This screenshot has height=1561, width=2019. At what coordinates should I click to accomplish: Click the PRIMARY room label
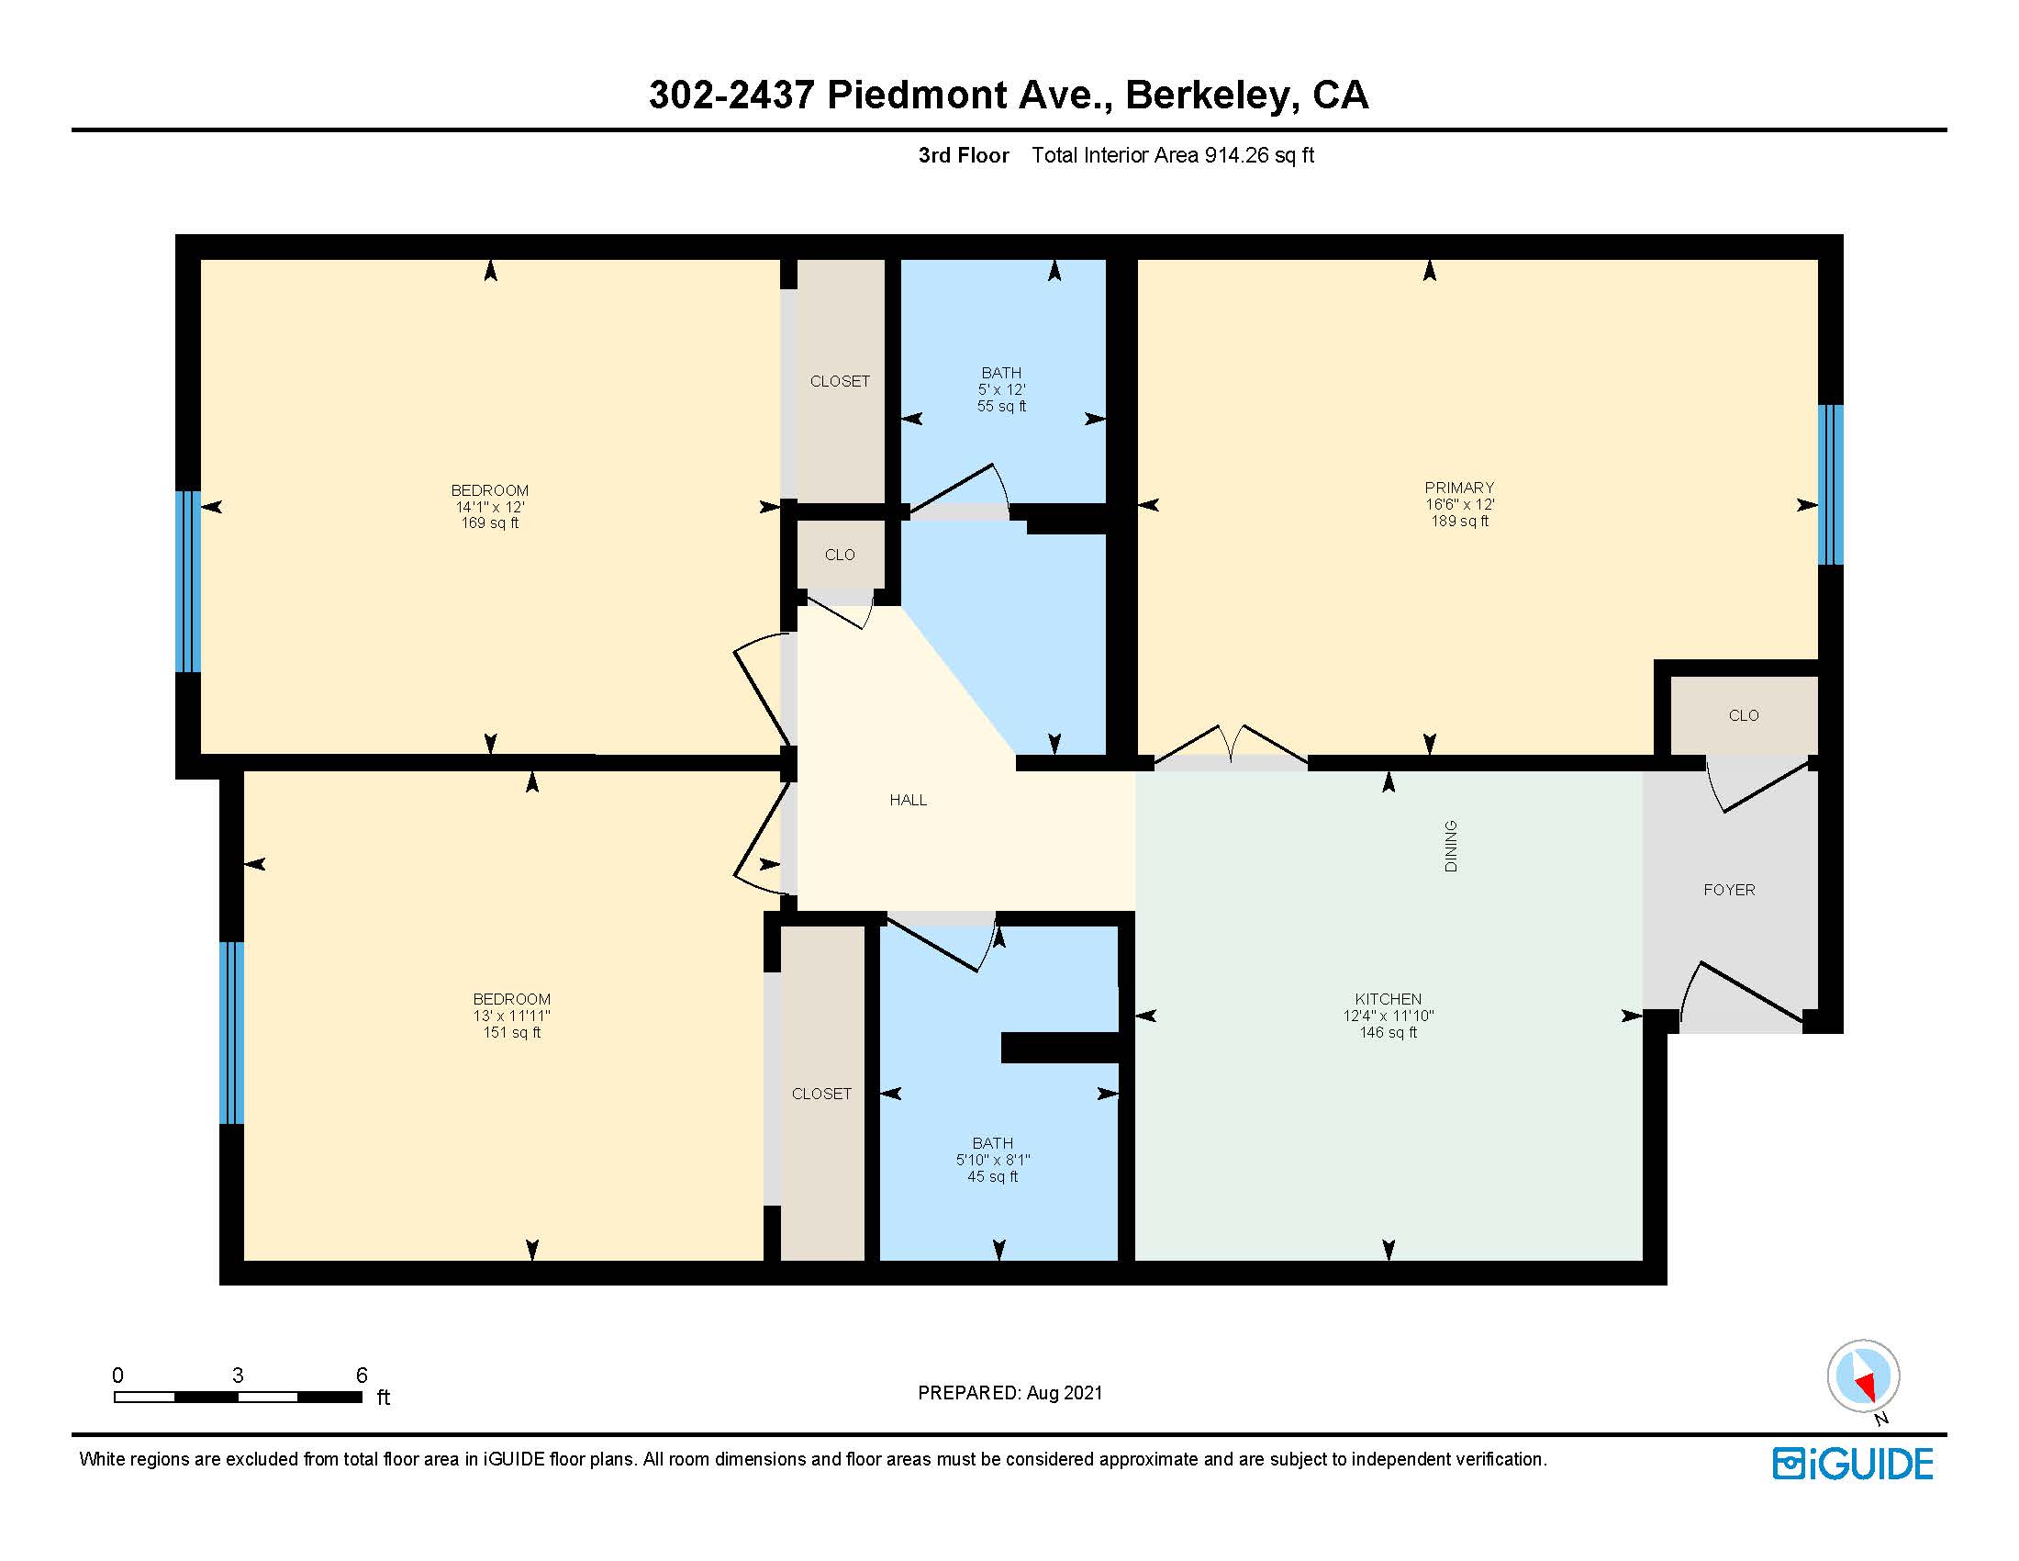click(x=1459, y=488)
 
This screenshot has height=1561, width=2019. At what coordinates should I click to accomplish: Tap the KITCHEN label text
click(x=1388, y=999)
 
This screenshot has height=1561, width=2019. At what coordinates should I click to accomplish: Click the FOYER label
click(x=1729, y=890)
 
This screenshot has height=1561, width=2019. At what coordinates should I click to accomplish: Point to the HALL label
click(x=908, y=800)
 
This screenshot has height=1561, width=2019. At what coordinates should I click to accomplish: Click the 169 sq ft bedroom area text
click(x=489, y=523)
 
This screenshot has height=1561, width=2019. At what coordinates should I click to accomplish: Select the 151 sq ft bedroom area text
click(x=511, y=1032)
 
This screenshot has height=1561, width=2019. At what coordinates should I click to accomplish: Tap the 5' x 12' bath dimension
click(x=1001, y=389)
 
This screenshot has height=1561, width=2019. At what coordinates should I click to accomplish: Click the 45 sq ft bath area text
click(x=992, y=1176)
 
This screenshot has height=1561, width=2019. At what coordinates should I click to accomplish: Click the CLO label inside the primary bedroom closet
click(x=1743, y=714)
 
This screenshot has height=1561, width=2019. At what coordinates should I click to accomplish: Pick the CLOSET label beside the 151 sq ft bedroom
click(x=821, y=1093)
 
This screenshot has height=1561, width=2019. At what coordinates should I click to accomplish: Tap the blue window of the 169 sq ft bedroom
click(x=187, y=580)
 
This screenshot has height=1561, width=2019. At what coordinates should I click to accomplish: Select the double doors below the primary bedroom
click(x=1231, y=746)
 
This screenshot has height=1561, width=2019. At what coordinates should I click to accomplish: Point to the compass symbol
click(x=1863, y=1376)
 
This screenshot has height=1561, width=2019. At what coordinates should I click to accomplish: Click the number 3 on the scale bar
click(x=238, y=1376)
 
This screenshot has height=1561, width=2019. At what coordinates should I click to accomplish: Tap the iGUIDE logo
click(x=1852, y=1464)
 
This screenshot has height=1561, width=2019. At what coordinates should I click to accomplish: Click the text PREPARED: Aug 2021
click(x=1009, y=1393)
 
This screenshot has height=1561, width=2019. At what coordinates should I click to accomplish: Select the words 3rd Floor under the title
click(x=963, y=155)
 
